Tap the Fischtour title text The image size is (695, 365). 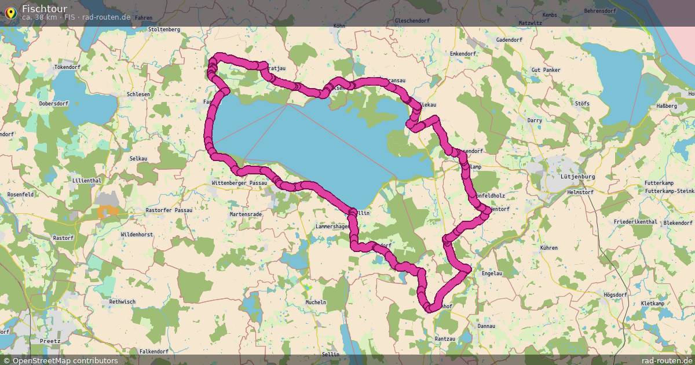pos(44,8)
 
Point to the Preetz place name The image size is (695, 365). pos(50,341)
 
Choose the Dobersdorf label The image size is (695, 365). pos(54,103)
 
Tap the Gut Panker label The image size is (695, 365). pos(546,70)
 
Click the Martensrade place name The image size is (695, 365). pos(246,214)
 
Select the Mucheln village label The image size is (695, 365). pos(316,302)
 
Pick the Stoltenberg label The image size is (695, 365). pos(164,29)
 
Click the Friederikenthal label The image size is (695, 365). pos(635,222)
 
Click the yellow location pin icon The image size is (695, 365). pos(10,12)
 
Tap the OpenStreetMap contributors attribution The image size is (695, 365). pos(60,360)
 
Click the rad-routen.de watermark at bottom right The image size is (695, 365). pos(667,360)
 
